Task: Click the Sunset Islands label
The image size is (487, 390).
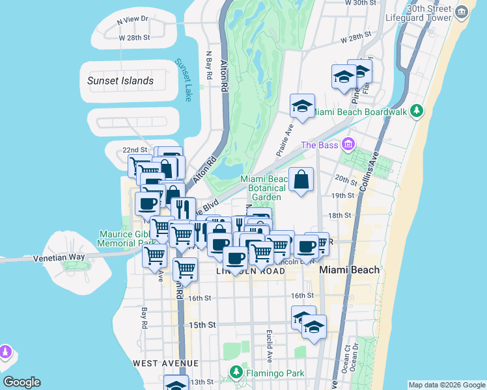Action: [120, 81]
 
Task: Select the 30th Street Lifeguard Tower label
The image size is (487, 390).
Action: [429, 13]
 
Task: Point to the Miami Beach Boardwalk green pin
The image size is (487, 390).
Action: [417, 112]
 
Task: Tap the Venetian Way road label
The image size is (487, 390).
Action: [59, 258]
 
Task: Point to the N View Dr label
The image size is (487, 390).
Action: [133, 20]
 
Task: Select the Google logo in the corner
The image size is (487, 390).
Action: [21, 382]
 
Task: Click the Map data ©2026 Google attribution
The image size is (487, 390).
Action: [447, 385]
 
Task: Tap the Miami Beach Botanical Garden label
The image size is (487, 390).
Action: [264, 188]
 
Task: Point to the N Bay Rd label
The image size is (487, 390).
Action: [209, 65]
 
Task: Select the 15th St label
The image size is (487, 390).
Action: [202, 324]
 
